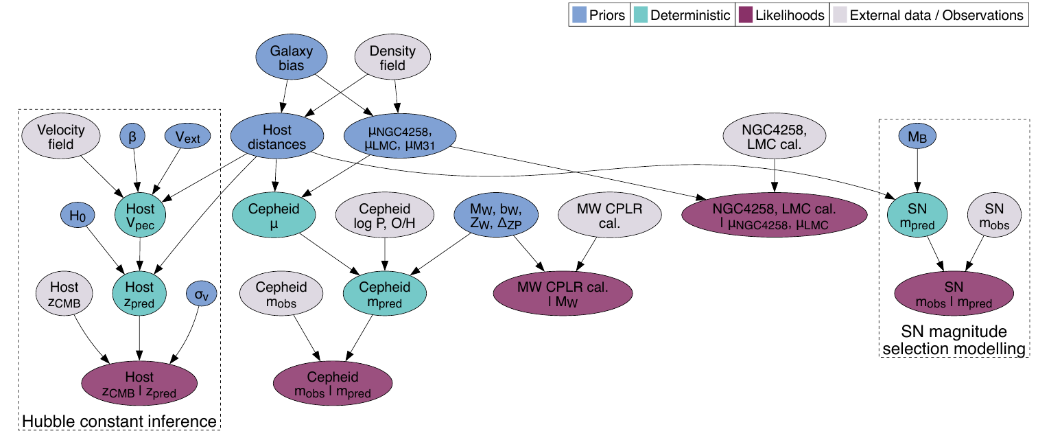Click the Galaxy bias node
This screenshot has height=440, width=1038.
[291, 58]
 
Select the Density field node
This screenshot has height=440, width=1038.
[392, 58]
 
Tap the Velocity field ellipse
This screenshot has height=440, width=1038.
[61, 137]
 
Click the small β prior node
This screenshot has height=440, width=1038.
[132, 137]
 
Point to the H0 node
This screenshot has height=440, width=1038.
[76, 215]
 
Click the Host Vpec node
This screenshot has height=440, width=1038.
[140, 215]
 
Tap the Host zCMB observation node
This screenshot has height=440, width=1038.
[64, 294]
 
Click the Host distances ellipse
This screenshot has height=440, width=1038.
[277, 137]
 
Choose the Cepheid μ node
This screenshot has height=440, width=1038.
[274, 216]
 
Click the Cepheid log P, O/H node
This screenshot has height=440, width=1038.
[384, 216]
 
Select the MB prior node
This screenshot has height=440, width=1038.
[917, 137]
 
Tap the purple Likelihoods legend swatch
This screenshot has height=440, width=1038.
[744, 15]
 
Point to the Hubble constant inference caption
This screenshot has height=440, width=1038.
[120, 421]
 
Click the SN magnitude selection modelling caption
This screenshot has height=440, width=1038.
[954, 341]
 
